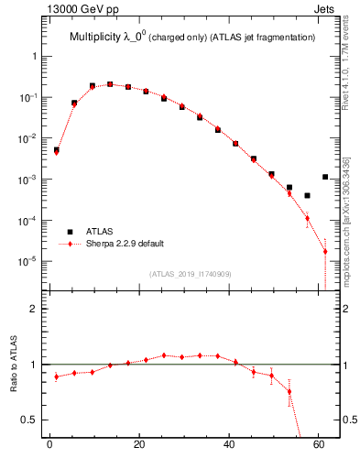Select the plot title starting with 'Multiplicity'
(x=193, y=38)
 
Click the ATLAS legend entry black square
(x=70, y=232)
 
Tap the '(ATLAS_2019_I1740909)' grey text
(x=189, y=273)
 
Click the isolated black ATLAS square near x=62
(x=325, y=177)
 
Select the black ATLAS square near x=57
(x=307, y=195)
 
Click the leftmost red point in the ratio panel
(x=56, y=376)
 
